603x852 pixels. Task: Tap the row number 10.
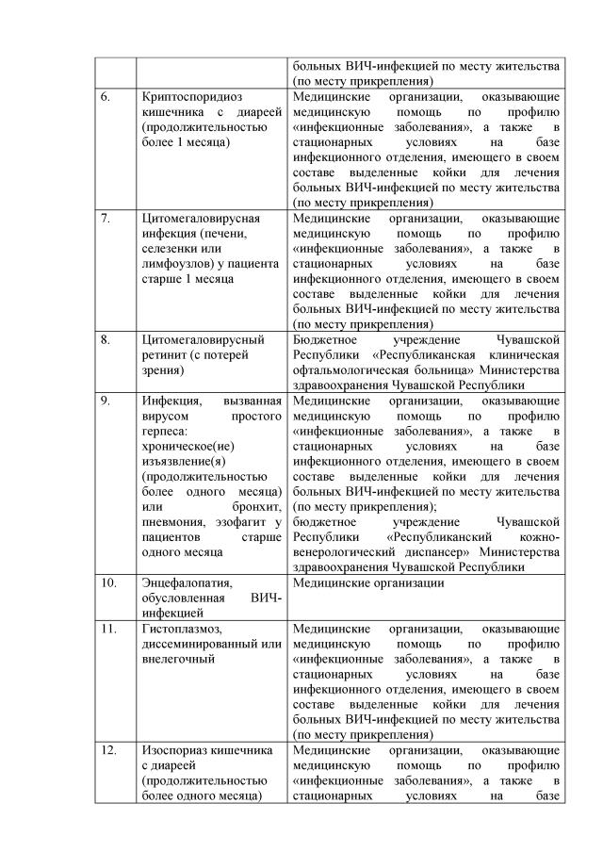coord(108,582)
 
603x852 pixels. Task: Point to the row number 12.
coord(108,750)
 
